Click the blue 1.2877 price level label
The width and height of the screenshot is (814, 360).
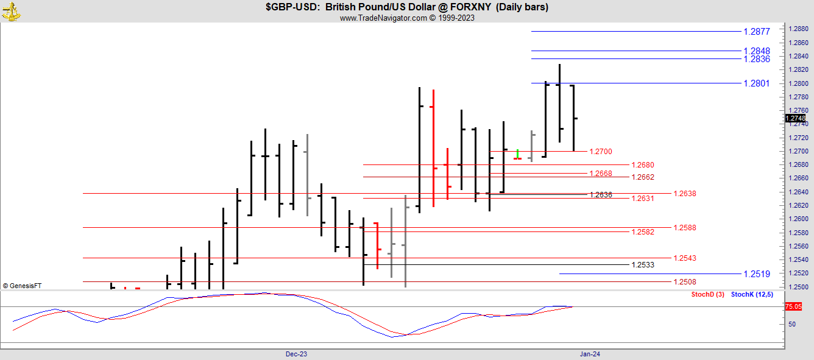click(x=757, y=31)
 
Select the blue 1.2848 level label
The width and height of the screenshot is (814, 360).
click(x=757, y=51)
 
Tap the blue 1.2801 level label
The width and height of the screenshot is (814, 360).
click(x=757, y=83)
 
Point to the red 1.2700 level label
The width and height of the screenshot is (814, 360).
click(x=601, y=152)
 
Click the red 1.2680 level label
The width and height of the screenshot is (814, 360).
click(x=643, y=165)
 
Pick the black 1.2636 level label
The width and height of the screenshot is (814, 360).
click(x=601, y=195)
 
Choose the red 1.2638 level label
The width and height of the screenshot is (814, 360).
click(x=684, y=194)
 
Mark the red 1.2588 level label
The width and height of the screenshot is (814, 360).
click(x=684, y=228)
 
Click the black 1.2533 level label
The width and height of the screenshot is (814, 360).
click(x=643, y=265)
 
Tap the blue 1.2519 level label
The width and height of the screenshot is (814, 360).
click(x=757, y=274)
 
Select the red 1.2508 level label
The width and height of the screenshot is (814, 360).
click(x=684, y=282)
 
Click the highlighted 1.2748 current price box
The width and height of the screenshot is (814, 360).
click(x=796, y=118)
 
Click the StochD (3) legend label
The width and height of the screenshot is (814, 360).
click(x=707, y=295)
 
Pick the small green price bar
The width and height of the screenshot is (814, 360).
click(x=517, y=155)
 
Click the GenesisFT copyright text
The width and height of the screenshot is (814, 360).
click(x=22, y=286)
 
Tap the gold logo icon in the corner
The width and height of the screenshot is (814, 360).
click(x=11, y=10)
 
